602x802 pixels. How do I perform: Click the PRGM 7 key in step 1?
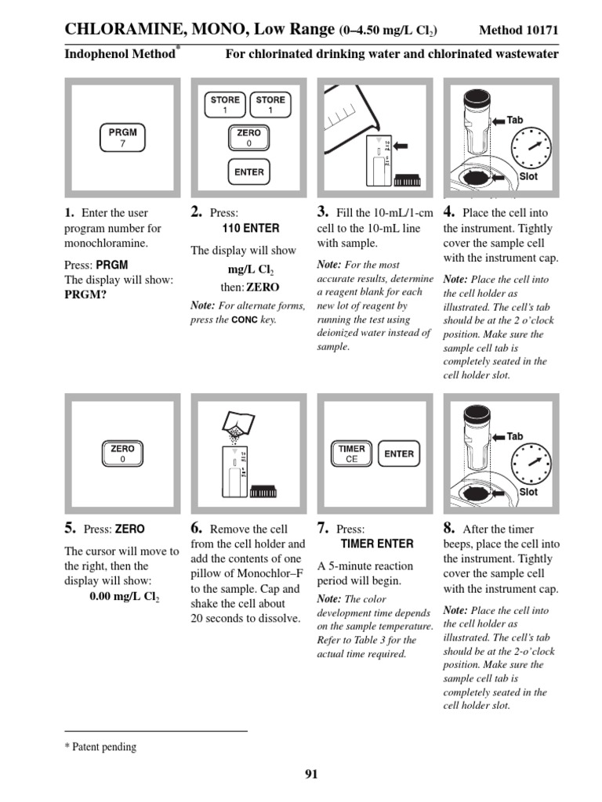(x=121, y=138)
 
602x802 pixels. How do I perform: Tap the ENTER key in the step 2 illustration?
(x=249, y=172)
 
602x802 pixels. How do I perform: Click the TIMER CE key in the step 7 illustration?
(x=351, y=454)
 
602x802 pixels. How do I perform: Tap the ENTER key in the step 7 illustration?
(x=398, y=453)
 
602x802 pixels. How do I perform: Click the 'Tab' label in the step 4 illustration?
(x=515, y=120)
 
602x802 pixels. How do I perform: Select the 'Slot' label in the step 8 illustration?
(x=528, y=492)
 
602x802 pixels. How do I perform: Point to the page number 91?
(x=311, y=775)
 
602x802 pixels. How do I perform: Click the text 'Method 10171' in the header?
(x=518, y=31)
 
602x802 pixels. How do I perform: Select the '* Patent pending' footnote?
(x=100, y=747)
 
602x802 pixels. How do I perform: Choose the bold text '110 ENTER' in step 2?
(x=251, y=229)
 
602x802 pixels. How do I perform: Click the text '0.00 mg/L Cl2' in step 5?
(x=124, y=597)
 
